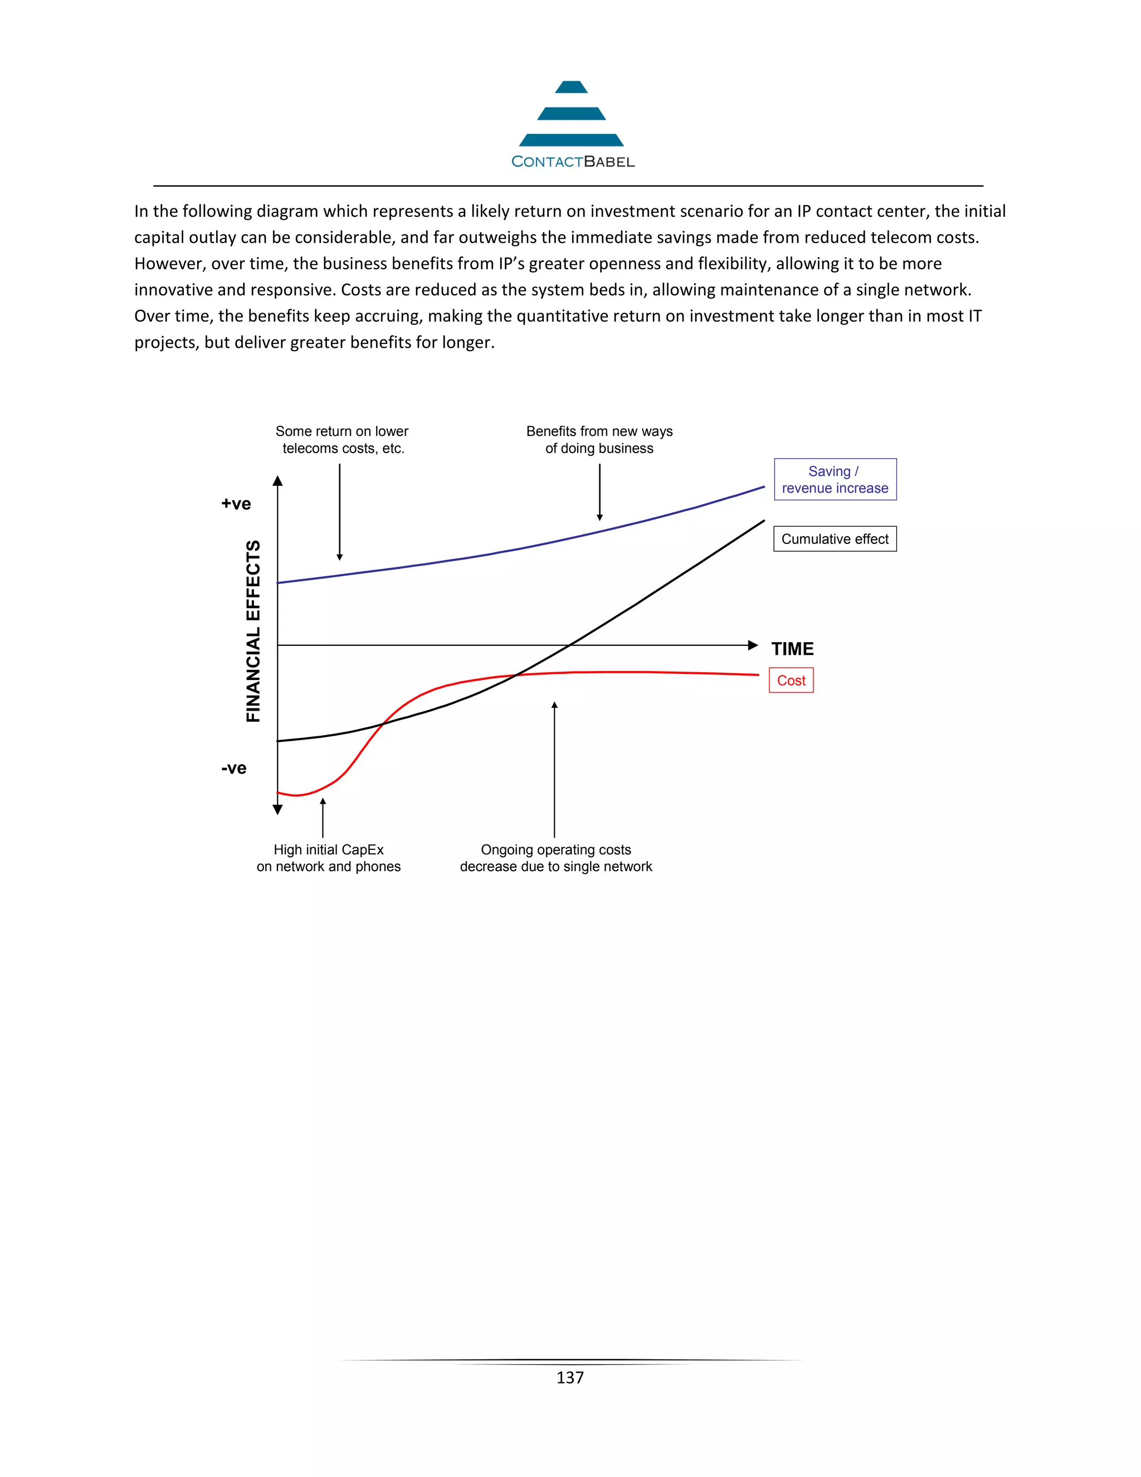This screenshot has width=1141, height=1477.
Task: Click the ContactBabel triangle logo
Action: point(571,114)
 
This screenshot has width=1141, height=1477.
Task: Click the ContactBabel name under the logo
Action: point(573,162)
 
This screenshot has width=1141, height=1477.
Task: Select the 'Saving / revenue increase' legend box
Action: point(835,479)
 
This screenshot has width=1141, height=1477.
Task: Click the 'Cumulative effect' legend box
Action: point(835,539)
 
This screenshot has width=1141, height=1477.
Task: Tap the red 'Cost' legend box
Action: point(791,681)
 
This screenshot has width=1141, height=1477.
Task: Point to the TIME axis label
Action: point(792,649)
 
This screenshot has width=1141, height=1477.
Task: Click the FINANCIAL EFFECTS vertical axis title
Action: point(253,631)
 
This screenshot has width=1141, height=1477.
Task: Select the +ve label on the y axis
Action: point(236,504)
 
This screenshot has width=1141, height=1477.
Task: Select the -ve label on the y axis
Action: point(234,768)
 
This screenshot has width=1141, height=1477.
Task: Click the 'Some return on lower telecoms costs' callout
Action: point(342,440)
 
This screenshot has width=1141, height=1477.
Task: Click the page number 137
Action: point(570,1378)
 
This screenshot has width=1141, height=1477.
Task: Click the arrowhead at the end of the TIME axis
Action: point(752,645)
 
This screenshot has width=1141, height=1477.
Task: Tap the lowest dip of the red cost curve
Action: point(295,795)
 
